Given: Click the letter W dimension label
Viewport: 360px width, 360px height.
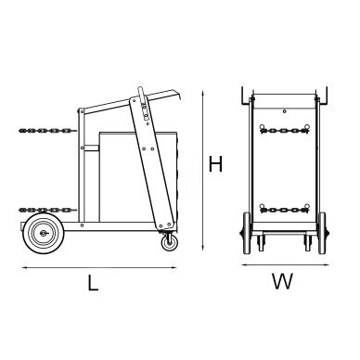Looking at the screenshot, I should (x=284, y=282).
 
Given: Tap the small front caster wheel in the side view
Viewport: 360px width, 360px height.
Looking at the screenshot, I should (x=170, y=242).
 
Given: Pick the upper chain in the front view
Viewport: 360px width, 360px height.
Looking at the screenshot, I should (x=284, y=135).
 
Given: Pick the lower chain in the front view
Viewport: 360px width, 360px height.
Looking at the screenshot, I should (x=284, y=206).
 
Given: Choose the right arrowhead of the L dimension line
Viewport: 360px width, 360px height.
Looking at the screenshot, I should (x=178, y=267).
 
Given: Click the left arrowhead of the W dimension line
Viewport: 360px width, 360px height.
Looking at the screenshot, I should (x=244, y=264).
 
